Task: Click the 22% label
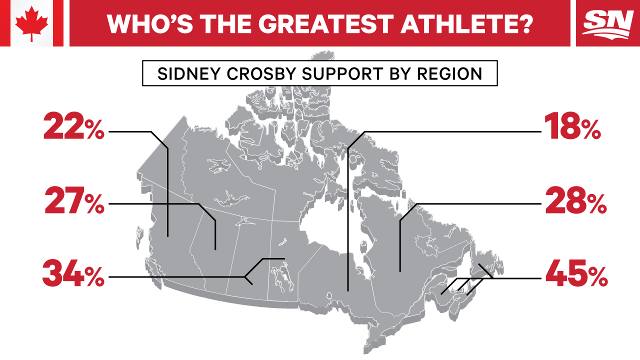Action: (73, 126)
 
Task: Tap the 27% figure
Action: (74, 200)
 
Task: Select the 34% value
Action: (73, 273)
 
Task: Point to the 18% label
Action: (572, 126)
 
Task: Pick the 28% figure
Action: (575, 200)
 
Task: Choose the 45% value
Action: (576, 273)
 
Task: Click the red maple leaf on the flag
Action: (31, 24)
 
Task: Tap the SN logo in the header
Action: (608, 24)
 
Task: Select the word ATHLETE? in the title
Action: (466, 23)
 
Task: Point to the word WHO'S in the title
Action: (150, 23)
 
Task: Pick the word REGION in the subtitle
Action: (449, 73)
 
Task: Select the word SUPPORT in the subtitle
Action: (342, 73)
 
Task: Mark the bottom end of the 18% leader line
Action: (347, 291)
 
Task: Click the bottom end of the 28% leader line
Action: (400, 271)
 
